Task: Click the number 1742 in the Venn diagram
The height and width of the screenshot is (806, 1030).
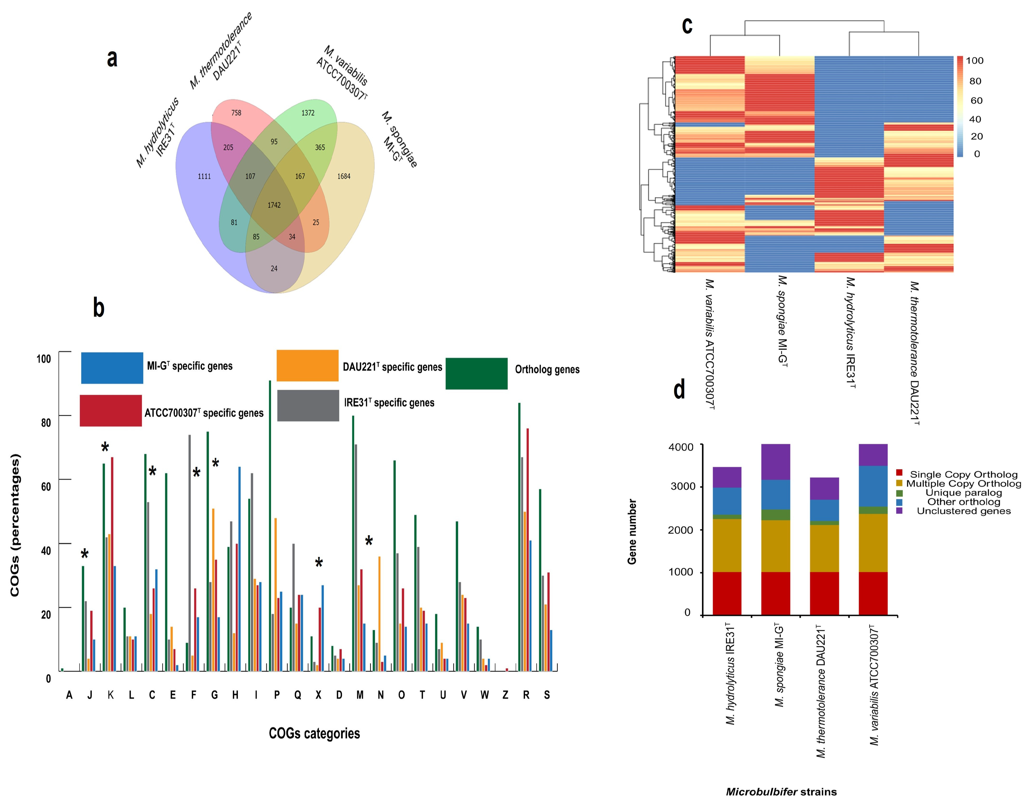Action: (x=274, y=205)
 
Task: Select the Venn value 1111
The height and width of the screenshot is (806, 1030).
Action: (x=204, y=176)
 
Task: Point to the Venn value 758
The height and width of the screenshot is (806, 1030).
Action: (x=236, y=113)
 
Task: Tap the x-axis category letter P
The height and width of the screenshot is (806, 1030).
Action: (x=277, y=695)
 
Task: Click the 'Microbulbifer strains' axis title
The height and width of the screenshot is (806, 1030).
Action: (x=781, y=792)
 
